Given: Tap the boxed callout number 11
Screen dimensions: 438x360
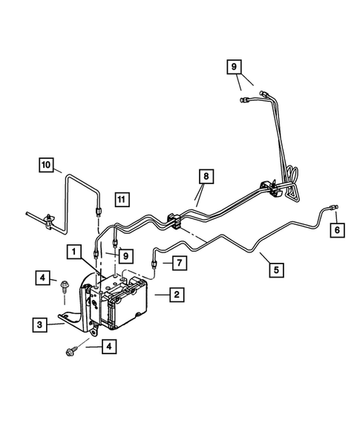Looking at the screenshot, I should pos(122,199).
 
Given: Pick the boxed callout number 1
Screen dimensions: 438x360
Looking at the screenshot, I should pos(73,252).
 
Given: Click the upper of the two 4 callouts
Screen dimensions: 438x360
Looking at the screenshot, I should pos(44,278).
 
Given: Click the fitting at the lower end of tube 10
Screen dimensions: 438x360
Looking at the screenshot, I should pos(99,212).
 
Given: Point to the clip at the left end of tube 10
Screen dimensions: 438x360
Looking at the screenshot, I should pos(49,217).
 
